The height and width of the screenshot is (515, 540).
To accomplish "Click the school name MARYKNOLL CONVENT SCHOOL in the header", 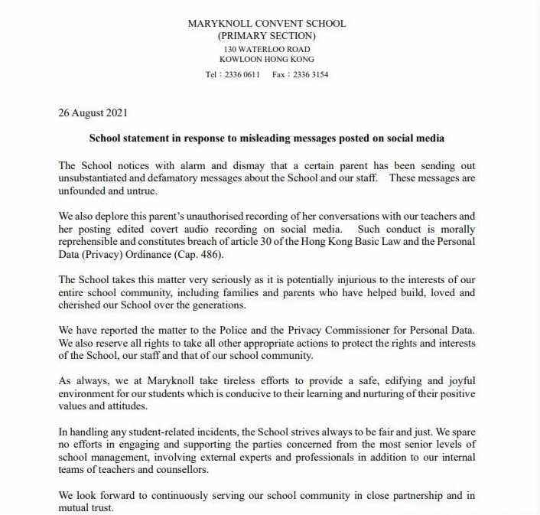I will point(267,24).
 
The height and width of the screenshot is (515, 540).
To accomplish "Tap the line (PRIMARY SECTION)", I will point(267,36).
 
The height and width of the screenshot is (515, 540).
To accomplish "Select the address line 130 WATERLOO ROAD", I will point(267,48).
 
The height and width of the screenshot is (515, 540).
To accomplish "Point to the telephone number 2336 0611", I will point(242,76).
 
